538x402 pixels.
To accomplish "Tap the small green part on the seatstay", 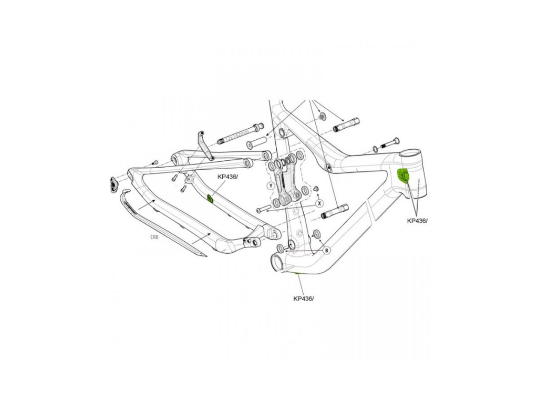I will coord(209,198).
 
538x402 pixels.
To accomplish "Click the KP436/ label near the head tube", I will coord(417,221).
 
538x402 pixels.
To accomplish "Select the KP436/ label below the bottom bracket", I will coord(304,298).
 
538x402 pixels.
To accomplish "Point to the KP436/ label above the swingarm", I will coord(227,177).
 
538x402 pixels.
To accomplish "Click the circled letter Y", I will coord(271,186).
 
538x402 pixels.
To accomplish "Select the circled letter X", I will coord(318,202).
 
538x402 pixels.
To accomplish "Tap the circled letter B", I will coord(326,250).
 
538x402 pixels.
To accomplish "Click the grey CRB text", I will coord(154,237).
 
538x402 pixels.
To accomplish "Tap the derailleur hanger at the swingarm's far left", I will coord(112,184).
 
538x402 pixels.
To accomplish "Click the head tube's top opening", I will coord(410,155).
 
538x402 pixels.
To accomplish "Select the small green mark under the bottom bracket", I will coord(295,274).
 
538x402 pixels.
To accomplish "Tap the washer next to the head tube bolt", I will coord(374,148).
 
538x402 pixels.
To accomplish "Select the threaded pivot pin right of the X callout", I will coord(335,211).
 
